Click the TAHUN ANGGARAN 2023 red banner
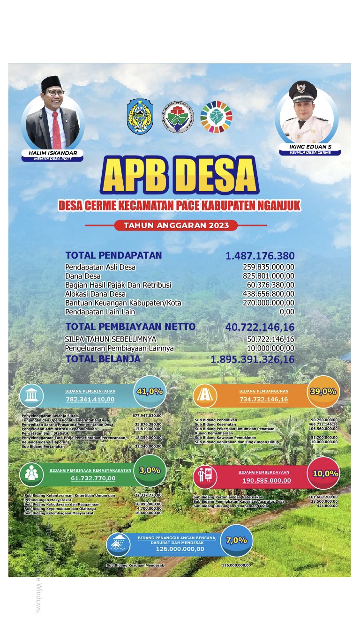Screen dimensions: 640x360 176,225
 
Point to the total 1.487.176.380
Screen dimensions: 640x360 260,256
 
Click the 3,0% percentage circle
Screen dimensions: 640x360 150,470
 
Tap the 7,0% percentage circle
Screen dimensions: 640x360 236,540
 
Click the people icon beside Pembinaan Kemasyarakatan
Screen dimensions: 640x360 31,474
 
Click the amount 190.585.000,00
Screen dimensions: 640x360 267,480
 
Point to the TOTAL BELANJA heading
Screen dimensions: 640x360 103,359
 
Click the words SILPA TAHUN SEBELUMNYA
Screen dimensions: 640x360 111,339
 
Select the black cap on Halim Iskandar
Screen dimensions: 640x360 52,83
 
